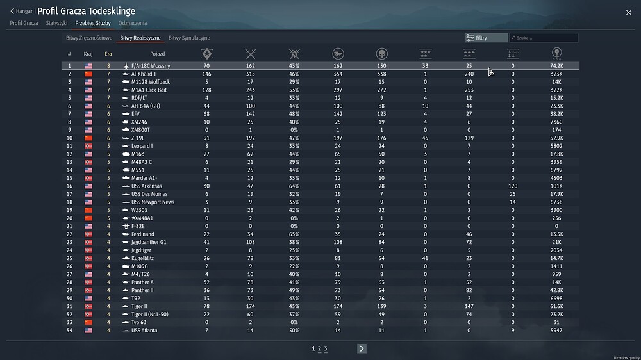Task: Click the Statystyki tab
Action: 56,23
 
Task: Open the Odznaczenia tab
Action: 132,23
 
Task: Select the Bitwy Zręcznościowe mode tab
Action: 88,38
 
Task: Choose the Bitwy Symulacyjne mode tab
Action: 189,38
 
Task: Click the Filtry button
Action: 486,38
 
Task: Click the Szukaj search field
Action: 543,38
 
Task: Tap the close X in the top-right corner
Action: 628,12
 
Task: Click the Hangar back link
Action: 22,11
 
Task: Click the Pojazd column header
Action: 158,54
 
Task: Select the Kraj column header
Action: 88,54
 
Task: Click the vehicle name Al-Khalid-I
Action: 144,74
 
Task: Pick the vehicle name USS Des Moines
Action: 149,194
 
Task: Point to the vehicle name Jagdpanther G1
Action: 149,242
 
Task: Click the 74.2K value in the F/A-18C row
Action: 556,66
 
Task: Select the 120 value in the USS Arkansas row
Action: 512,186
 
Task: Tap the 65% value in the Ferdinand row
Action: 294,234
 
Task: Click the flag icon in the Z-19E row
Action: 88,138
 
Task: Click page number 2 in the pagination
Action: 319,348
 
